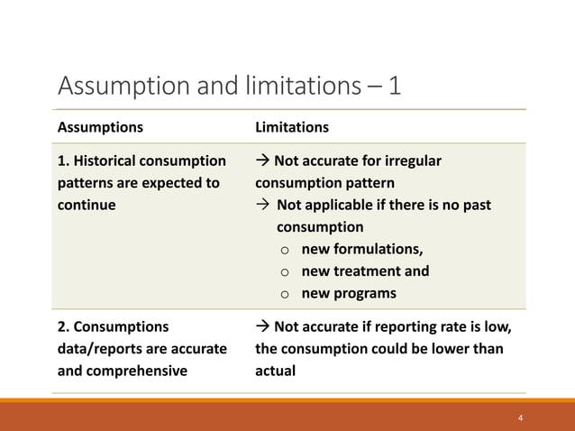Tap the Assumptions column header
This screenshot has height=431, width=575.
click(x=100, y=127)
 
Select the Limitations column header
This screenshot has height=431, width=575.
click(x=292, y=127)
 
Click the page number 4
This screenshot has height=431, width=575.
click(x=520, y=418)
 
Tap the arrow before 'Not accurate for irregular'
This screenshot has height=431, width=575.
click(x=263, y=161)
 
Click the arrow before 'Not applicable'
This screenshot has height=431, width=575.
click(x=263, y=206)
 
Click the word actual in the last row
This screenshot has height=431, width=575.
click(x=275, y=370)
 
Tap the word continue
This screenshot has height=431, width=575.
click(x=87, y=205)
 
